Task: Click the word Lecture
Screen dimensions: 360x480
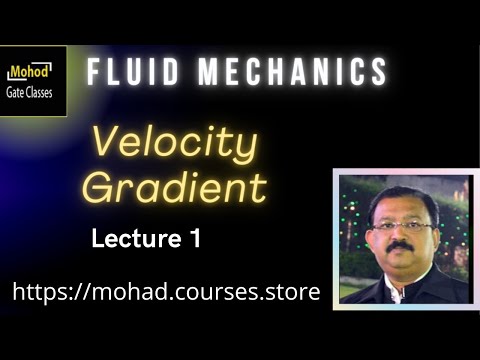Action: [x=131, y=239]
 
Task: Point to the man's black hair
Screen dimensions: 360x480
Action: [x=403, y=196]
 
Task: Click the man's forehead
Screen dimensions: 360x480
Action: [x=404, y=210]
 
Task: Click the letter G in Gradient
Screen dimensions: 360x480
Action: [x=96, y=187]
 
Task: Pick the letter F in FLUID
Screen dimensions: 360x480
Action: [x=93, y=72]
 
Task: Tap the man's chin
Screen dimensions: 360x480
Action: [x=404, y=261]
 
